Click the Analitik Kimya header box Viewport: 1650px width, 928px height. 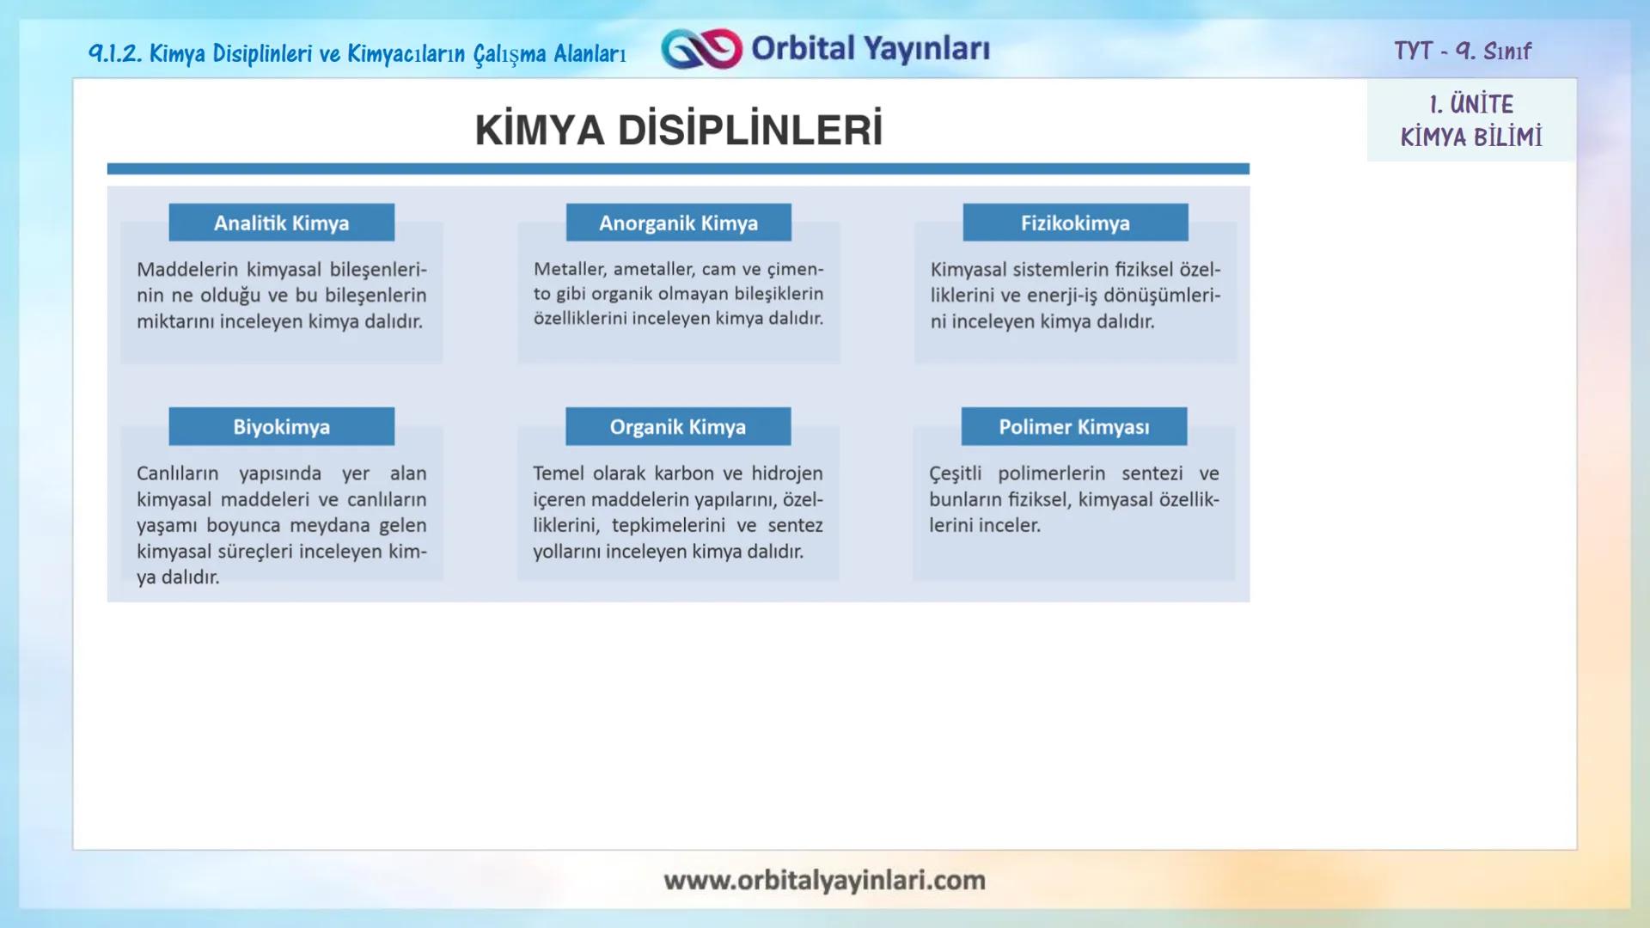pyautogui.click(x=281, y=223)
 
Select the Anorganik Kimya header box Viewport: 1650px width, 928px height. pyautogui.click(x=678, y=223)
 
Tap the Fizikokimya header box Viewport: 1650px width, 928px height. pyautogui.click(x=1075, y=223)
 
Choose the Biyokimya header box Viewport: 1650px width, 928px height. pyautogui.click(x=281, y=426)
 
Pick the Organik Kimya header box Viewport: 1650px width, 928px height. pyautogui.click(x=678, y=426)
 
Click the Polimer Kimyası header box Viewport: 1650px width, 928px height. pyautogui.click(x=1073, y=426)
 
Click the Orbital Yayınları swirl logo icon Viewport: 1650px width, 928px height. pyautogui.click(x=701, y=49)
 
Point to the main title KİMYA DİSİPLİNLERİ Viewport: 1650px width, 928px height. pyautogui.click(x=678, y=131)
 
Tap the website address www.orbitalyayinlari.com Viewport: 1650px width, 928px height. pyautogui.click(x=824, y=880)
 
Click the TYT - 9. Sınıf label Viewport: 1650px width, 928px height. pyautogui.click(x=1462, y=51)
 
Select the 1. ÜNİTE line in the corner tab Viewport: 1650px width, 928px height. pyautogui.click(x=1471, y=105)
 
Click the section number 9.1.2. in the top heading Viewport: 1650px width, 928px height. pyautogui.click(x=115, y=53)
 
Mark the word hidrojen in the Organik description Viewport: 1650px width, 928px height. pyautogui.click(x=786, y=473)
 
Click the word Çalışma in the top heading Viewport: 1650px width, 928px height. pyautogui.click(x=510, y=54)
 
